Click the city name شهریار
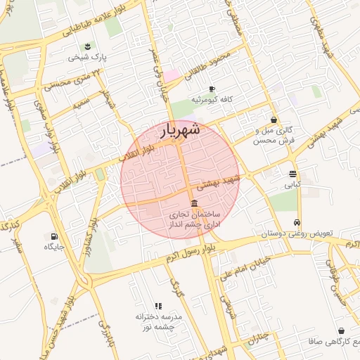point(181,130)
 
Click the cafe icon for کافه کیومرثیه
point(211,89)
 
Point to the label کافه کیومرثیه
point(216,99)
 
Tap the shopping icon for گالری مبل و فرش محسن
point(274,120)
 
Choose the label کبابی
point(292,186)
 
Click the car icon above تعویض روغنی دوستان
point(299,221)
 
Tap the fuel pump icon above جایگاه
point(54,236)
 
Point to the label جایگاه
point(54,247)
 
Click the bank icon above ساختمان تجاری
point(194,203)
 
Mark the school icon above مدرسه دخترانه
point(158,306)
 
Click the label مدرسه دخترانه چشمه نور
point(158,322)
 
